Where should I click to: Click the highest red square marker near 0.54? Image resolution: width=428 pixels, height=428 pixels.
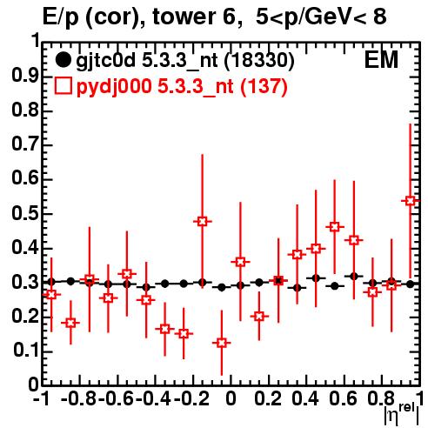[x=411, y=201]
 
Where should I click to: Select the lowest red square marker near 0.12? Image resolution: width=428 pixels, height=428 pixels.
[x=222, y=343]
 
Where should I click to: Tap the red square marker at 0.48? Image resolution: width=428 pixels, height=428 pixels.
[x=203, y=222]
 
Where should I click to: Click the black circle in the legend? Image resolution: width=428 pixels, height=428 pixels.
[x=63, y=60]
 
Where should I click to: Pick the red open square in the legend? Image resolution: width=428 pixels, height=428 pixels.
[x=63, y=86]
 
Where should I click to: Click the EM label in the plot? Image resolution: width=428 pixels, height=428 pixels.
[x=381, y=60]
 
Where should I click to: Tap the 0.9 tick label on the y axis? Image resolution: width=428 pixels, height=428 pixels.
[x=25, y=76]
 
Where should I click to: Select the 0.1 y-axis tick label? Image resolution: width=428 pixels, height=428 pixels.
[x=26, y=351]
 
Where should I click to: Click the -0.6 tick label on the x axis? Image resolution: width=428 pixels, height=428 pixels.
[x=117, y=398]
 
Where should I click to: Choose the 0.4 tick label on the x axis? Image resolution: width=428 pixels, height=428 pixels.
[x=305, y=398]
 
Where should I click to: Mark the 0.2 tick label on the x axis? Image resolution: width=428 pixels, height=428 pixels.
[x=268, y=398]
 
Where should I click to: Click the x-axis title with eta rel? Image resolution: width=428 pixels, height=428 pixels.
[x=402, y=414]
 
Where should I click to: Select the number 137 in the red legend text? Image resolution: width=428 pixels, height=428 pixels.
[x=264, y=86]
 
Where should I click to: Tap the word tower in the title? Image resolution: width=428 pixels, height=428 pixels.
[x=184, y=17]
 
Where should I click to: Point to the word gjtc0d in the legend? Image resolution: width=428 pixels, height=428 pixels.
[x=106, y=62]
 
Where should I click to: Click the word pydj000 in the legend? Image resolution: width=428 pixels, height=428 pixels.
[x=114, y=87]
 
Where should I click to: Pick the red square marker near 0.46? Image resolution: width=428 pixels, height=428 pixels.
[x=335, y=227]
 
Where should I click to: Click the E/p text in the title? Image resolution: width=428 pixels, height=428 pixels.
[x=61, y=18]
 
